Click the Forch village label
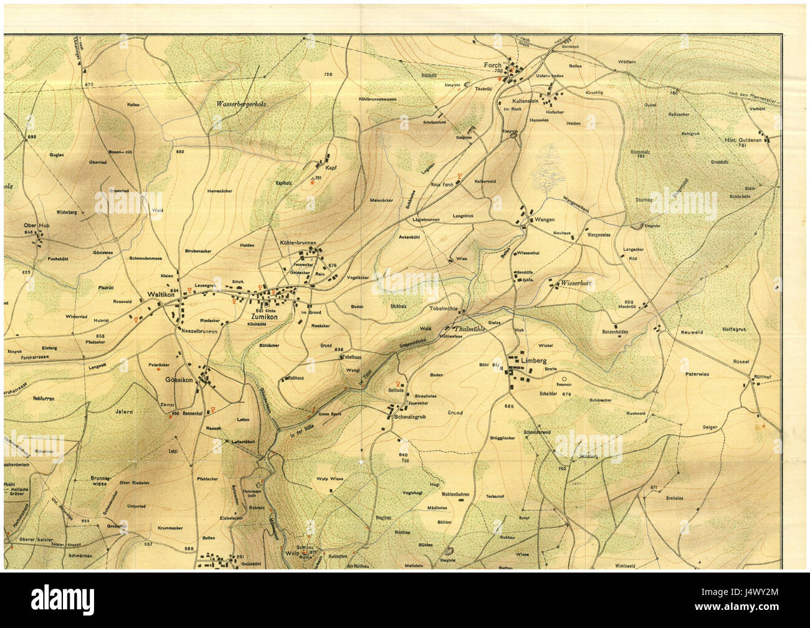click(x=492, y=65)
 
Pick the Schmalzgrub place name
click(x=409, y=417)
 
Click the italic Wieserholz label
click(x=575, y=283)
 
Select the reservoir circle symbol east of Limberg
click(x=565, y=379)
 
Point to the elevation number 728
click(x=328, y=75)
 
